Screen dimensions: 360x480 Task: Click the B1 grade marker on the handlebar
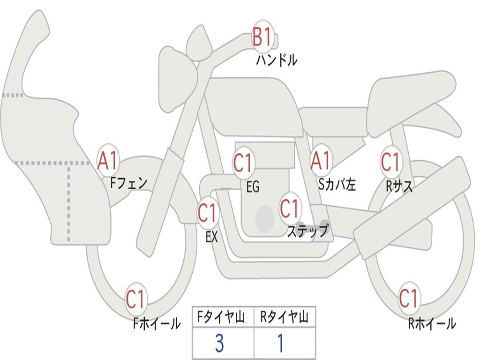tap(262, 37)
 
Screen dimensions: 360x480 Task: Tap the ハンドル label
tap(277, 60)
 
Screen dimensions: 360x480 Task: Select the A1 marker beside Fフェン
tap(108, 161)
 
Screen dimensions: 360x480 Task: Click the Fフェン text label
tap(129, 182)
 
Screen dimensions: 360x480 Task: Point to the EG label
tap(253, 187)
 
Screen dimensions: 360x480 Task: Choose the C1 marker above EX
tap(207, 213)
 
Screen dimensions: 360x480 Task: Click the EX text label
tap(212, 237)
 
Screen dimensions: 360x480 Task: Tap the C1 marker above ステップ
tap(290, 208)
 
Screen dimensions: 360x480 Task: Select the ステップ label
tap(307, 231)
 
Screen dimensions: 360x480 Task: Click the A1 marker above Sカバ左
tap(321, 162)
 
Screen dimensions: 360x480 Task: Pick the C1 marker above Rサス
tap(390, 162)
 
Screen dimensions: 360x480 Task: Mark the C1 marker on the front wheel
tap(136, 300)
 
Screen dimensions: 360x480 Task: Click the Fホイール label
tap(157, 323)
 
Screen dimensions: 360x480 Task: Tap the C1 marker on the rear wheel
tap(409, 298)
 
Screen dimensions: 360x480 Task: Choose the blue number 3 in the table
tap(219, 344)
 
